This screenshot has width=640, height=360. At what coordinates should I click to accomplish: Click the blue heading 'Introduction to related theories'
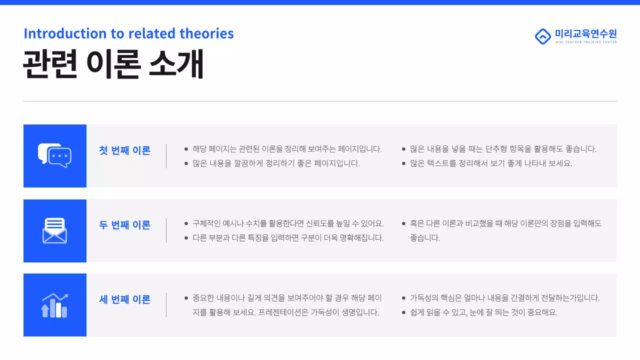coord(128,33)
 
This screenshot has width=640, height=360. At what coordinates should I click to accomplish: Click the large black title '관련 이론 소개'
coord(113,64)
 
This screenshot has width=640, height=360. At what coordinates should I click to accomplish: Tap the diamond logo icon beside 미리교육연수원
coord(542,36)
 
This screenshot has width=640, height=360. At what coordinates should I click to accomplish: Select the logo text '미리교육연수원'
coord(585,33)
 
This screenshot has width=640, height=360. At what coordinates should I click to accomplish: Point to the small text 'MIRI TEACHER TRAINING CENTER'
coord(585,42)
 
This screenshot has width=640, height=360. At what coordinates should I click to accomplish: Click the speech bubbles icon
coord(55,155)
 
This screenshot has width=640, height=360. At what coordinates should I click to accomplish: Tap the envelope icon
coord(54,231)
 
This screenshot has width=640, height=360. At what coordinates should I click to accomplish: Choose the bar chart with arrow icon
coord(54,305)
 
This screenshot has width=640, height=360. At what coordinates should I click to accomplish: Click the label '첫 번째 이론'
coord(124,150)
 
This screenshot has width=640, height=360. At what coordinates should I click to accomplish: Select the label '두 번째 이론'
coord(124,225)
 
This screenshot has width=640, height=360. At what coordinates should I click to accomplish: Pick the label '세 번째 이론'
coord(124,300)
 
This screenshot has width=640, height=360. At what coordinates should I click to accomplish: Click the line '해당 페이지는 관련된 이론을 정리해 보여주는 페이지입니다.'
coord(287,149)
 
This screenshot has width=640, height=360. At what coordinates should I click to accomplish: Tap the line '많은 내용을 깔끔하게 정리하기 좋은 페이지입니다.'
coord(276,163)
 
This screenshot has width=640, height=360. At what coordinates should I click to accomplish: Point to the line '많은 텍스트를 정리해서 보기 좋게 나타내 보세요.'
coord(491,163)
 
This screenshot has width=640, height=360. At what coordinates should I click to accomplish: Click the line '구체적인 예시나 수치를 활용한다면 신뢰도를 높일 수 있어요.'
coord(288,223)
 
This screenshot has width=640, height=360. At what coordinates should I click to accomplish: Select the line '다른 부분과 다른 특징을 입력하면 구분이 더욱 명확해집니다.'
coord(288,238)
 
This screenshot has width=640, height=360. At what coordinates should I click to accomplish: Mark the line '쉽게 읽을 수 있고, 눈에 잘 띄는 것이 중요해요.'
coord(483,312)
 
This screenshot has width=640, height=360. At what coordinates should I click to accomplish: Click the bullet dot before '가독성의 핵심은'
coord(404,298)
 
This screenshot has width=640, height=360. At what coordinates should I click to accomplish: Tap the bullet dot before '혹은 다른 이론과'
coord(404,223)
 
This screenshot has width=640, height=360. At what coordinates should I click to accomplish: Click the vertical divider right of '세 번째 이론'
coord(166,305)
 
